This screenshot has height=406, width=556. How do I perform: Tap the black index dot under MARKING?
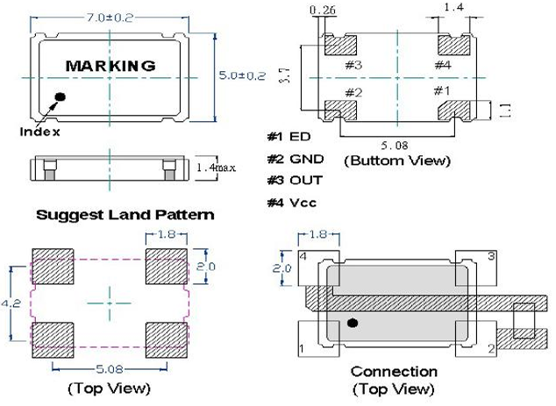61,96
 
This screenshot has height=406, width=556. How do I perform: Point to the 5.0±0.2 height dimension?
241,76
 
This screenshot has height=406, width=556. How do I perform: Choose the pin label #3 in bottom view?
353,65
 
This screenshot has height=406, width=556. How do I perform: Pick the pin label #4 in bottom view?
443,65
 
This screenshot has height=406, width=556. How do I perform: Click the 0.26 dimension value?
322,10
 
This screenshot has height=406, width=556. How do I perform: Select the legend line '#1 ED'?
290,138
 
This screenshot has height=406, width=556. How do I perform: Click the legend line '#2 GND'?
295,159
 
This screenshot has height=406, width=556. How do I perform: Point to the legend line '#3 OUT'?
295,180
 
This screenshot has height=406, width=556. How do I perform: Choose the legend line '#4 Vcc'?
293,203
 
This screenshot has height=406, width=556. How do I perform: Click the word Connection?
394,372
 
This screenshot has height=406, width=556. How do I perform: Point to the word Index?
39,132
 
